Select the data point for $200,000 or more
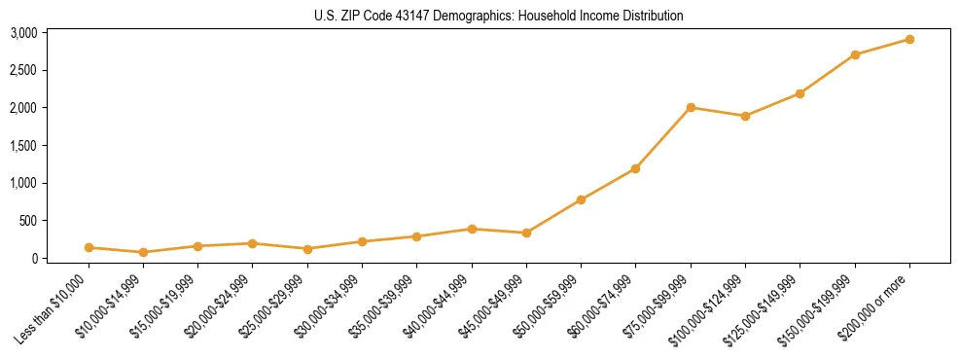coord(909,39)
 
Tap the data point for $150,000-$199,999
coord(855,54)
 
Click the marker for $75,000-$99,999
coord(691,107)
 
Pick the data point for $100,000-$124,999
coord(745,116)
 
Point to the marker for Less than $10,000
coord(89,247)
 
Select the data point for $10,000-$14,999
coord(143,252)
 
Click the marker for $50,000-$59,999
coord(581,199)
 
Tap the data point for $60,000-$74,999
coord(635,168)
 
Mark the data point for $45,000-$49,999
coord(526,233)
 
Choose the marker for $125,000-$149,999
coord(800,93)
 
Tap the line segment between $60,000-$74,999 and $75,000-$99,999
coord(663,137)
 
